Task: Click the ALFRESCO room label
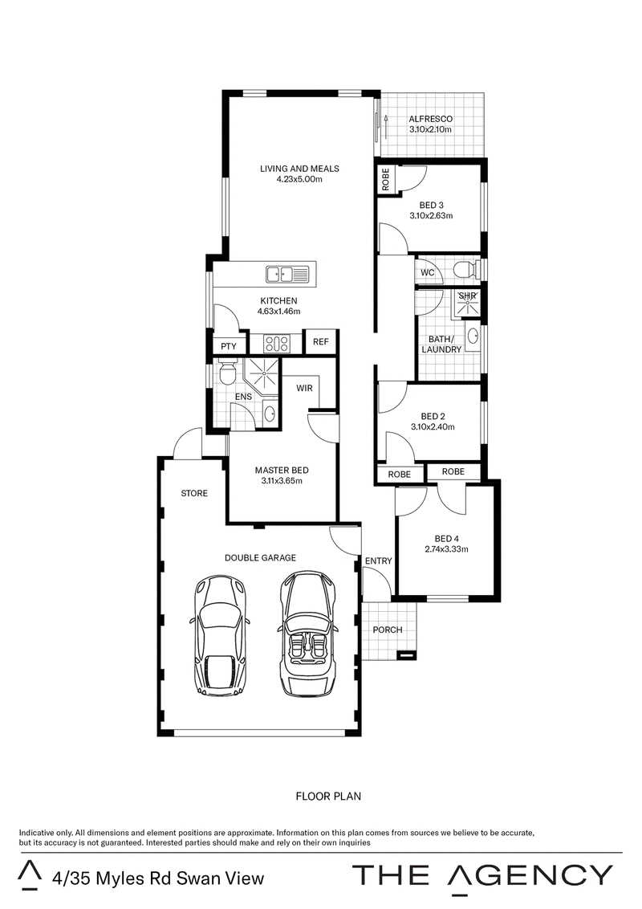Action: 431,119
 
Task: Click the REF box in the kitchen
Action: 321,343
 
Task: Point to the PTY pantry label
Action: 229,346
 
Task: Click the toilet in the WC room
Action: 465,267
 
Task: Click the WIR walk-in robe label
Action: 305,388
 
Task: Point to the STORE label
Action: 193,493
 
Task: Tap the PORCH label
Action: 388,630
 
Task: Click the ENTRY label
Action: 378,560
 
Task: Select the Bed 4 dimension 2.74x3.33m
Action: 445,549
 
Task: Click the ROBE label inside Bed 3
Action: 386,178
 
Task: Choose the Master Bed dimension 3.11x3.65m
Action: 281,481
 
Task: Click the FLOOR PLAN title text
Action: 328,797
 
